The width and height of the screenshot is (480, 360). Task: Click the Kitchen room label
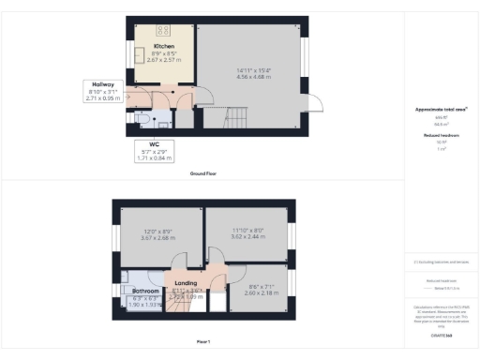click(164, 46)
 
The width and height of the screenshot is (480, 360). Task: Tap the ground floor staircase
click(233, 118)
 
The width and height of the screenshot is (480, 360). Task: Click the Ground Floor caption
click(205, 174)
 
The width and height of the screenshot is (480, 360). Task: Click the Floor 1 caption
click(205, 342)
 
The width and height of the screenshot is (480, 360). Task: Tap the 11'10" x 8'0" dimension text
click(247, 231)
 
